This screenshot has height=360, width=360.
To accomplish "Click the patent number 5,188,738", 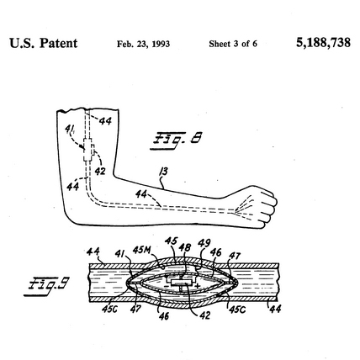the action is (x=323, y=43).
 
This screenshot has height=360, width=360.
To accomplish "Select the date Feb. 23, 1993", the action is (x=143, y=44).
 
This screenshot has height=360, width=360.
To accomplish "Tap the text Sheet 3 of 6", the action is (x=233, y=44).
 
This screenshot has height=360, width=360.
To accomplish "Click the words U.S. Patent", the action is (x=44, y=43).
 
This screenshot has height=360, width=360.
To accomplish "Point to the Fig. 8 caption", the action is (x=177, y=140).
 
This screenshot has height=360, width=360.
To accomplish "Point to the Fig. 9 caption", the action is (x=47, y=286).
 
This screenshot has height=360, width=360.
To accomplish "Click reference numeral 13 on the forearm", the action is (x=163, y=172).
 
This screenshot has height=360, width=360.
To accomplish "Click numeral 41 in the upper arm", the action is (x=69, y=130).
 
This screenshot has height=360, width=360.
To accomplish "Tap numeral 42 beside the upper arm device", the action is (x=100, y=171).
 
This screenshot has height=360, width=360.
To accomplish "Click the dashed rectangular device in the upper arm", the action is (x=89, y=150).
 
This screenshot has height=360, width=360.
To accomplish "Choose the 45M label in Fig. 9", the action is (x=142, y=250).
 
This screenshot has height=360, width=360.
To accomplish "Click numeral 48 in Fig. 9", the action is (x=185, y=247).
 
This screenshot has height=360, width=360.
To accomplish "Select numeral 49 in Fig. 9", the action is (x=204, y=243).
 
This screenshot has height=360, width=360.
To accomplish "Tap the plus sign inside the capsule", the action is (x=198, y=286).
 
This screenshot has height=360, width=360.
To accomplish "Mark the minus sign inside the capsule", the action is (x=166, y=286).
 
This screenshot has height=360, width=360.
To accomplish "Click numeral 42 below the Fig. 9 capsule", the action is (x=204, y=315).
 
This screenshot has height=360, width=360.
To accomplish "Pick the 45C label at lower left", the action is (x=110, y=309).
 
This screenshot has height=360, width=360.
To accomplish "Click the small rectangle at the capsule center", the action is (x=182, y=283).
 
